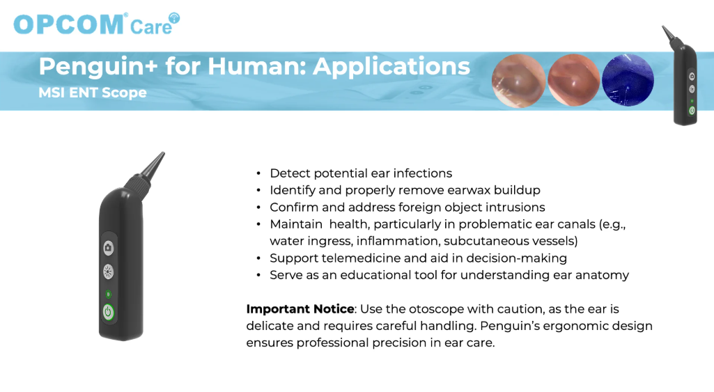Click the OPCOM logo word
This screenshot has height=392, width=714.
click(69, 24)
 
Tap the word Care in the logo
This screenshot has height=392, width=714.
click(151, 27)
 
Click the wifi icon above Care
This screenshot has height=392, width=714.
click(174, 18)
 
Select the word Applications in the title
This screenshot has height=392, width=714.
click(391, 66)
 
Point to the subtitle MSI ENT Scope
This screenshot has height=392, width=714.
click(93, 93)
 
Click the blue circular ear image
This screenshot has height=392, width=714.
click(628, 80)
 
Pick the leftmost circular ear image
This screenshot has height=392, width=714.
click(519, 81)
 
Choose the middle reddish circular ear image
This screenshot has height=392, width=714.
click(573, 80)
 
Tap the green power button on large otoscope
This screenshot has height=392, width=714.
click(109, 313)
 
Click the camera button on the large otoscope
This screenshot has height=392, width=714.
click(108, 248)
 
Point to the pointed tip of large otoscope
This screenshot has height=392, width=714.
click(163, 153)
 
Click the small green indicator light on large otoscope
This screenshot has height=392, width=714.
click(109, 294)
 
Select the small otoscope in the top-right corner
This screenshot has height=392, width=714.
click(681, 75)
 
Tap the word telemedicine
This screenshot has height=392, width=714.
click(361, 258)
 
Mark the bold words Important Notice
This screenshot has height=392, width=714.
click(300, 309)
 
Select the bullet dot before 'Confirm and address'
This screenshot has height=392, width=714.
click(258, 207)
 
